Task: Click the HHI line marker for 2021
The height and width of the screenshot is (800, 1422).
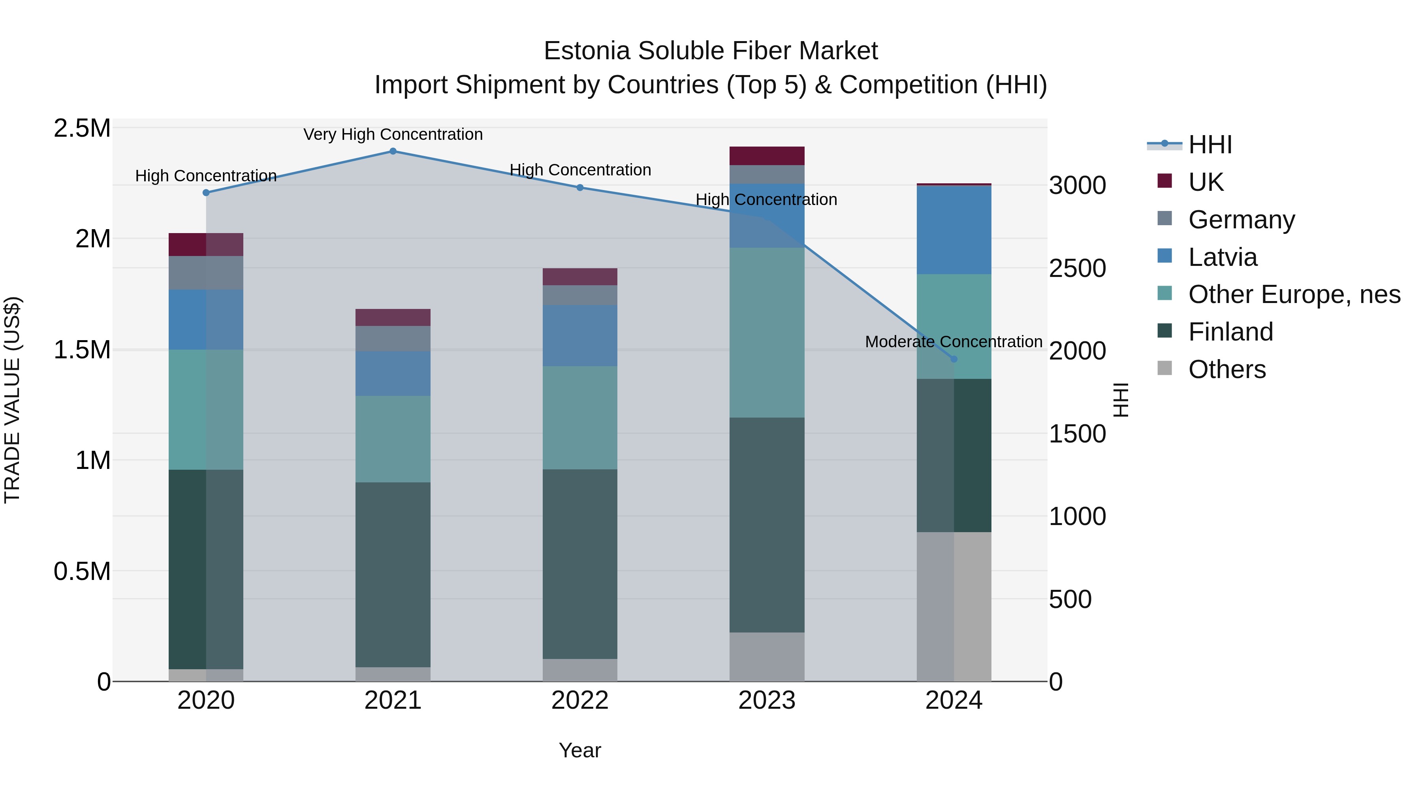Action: [393, 151]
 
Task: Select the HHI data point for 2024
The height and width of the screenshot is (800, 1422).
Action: [954, 359]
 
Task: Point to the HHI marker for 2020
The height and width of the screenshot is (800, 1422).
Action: [206, 193]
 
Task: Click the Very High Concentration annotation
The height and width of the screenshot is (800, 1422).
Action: [393, 134]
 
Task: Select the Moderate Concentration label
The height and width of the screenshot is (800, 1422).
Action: [954, 342]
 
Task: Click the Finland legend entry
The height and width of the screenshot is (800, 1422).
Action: [1230, 332]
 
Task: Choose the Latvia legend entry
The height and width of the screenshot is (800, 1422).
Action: [1222, 257]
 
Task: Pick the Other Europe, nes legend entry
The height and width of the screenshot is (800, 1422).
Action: [1294, 294]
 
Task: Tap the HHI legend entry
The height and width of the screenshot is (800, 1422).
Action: [1209, 145]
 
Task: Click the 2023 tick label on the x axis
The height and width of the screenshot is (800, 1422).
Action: [767, 700]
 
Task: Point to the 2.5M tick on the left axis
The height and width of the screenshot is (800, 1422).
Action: [82, 128]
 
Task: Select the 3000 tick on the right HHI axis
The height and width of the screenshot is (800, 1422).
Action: [1078, 186]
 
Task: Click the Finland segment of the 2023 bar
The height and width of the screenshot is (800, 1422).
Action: [767, 525]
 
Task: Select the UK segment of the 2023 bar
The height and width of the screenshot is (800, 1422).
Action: [767, 156]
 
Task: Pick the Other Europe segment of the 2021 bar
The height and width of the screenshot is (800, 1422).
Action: [393, 439]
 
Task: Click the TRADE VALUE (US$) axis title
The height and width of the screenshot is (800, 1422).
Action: [12, 400]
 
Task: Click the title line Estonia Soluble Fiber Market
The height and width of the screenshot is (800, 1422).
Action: [711, 51]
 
